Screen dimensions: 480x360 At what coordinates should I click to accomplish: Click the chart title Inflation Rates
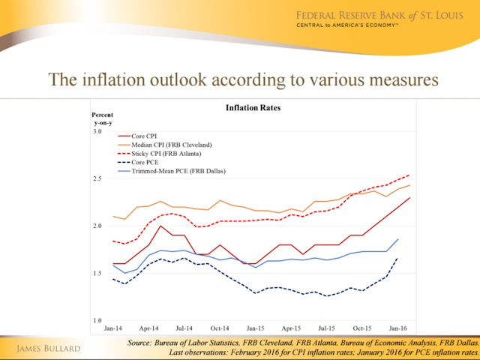(253, 108)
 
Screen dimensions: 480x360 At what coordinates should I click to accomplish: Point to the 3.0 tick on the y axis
(97, 131)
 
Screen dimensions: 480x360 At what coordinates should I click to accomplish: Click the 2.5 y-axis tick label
(97, 178)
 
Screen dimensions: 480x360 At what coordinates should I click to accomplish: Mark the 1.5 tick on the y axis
(97, 273)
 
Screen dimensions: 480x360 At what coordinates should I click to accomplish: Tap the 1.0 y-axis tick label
(97, 321)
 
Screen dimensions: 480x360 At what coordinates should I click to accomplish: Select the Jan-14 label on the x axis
(113, 328)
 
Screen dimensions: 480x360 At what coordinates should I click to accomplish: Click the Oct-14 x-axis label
(220, 328)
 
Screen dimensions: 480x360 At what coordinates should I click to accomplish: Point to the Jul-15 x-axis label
(327, 328)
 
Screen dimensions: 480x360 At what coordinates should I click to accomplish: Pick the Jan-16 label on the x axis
(398, 328)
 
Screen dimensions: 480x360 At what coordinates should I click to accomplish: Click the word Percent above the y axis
(102, 115)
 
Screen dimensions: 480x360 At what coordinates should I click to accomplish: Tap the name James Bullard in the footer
(48, 349)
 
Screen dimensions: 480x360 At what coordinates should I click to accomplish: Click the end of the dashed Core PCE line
(398, 257)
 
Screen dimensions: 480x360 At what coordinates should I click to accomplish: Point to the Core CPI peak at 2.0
(160, 226)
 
